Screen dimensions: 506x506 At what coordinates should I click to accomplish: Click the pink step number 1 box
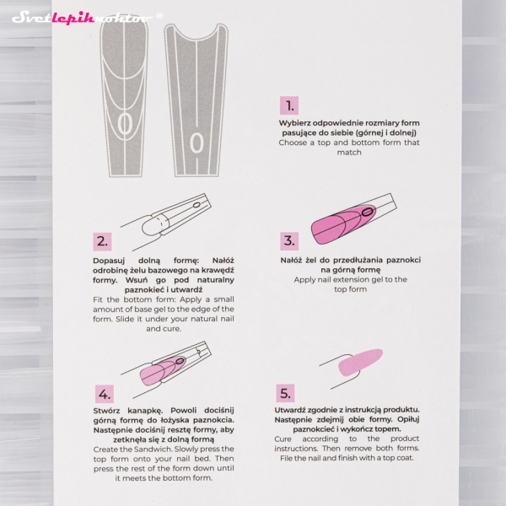[288, 105]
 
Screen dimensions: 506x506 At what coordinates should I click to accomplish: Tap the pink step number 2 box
[102, 241]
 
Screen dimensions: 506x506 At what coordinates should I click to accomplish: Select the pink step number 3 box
[289, 240]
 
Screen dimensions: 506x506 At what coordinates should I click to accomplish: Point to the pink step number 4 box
[105, 394]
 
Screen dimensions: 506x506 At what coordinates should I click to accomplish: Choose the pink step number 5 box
[285, 393]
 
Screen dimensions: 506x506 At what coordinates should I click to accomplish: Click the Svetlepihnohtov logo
[83, 18]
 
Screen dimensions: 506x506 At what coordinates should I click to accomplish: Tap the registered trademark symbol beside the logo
[159, 15]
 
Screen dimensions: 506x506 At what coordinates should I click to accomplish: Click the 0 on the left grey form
[125, 124]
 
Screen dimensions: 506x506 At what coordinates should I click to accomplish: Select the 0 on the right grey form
[196, 143]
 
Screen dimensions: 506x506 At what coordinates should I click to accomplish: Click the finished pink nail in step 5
[360, 362]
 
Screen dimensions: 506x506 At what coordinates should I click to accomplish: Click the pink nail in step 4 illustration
[161, 370]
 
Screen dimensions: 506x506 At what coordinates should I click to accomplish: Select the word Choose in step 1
[293, 143]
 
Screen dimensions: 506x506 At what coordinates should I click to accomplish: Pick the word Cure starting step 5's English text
[283, 439]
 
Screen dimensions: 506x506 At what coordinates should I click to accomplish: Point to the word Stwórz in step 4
[106, 411]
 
